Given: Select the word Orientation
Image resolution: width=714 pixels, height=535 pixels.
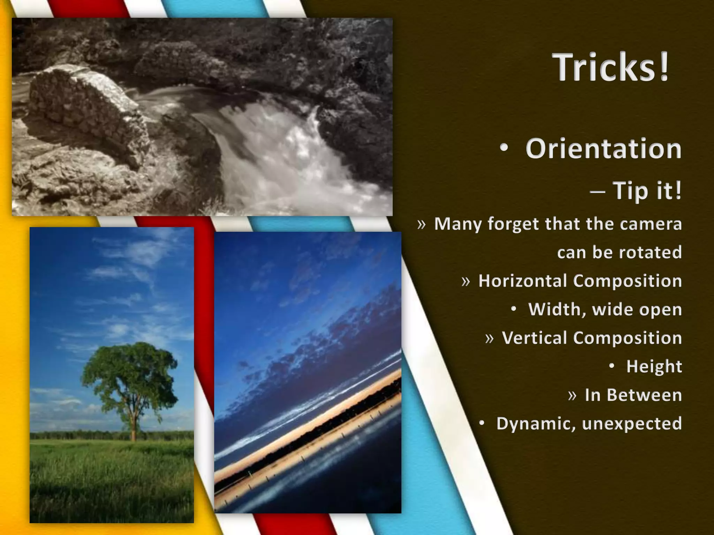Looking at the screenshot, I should (x=603, y=149).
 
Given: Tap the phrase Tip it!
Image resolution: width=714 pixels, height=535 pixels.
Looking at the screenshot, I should (x=647, y=191).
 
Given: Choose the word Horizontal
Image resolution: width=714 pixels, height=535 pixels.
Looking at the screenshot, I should (x=523, y=281).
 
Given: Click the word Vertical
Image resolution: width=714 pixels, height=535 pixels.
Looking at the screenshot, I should (x=534, y=338).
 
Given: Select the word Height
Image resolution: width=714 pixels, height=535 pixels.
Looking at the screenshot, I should (x=654, y=366).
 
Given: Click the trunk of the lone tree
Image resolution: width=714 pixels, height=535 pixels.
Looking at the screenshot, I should (x=133, y=423).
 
